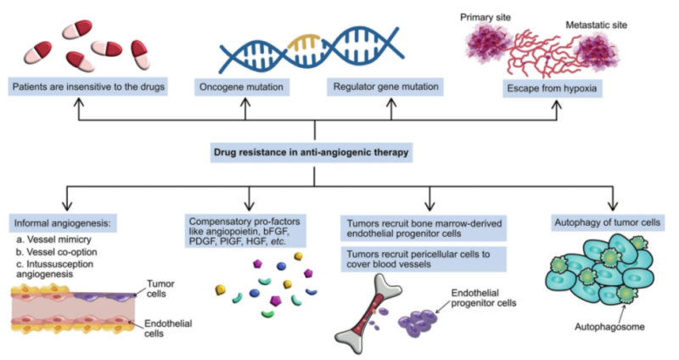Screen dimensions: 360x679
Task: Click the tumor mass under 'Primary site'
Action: point(488,48)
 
